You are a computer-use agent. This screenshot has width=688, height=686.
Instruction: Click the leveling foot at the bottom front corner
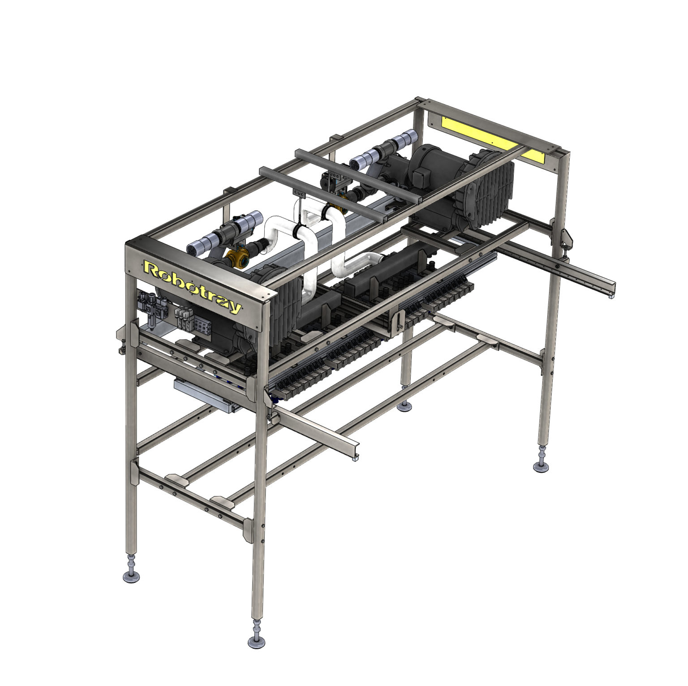pos(257,641)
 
